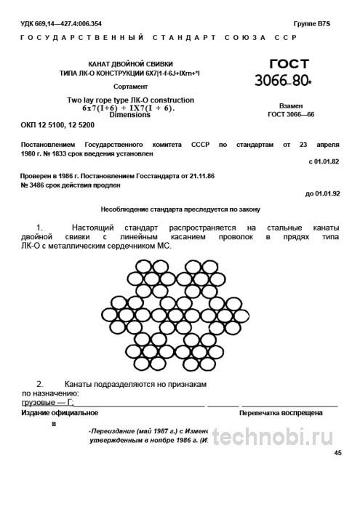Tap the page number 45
(x=337, y=452)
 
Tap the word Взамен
(x=291, y=105)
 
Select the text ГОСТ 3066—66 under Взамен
(x=291, y=115)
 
